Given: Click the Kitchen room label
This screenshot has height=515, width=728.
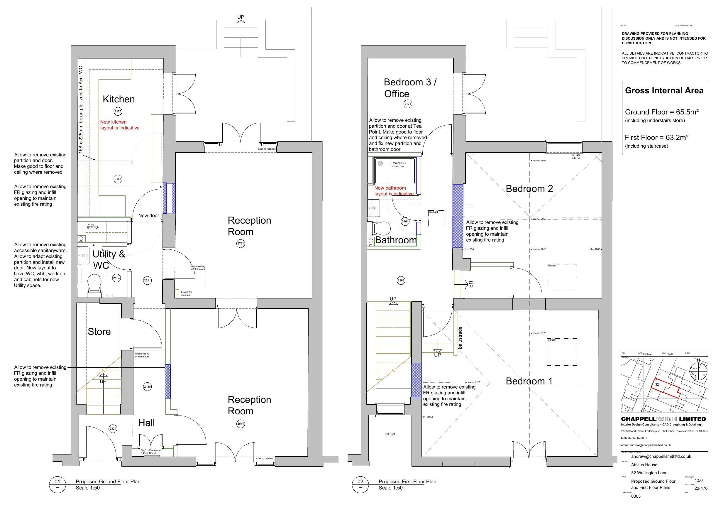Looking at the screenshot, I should tap(118, 99).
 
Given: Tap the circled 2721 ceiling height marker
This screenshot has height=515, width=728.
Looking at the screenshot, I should tap(241, 244).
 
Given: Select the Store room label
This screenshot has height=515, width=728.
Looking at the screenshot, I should tap(99, 332).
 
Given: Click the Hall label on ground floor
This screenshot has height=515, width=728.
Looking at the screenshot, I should tap(146, 423).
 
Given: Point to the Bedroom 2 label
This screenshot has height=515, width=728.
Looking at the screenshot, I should tap(529, 189).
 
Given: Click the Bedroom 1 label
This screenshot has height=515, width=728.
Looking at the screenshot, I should tap(529, 381).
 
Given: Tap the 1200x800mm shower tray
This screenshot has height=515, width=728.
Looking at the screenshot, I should tap(395, 171).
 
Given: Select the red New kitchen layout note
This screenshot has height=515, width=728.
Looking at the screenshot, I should tap(120, 125).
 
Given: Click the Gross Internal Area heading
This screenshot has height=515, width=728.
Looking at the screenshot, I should tap(664, 91).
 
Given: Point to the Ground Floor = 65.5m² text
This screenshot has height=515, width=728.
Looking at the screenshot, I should tap(662, 112).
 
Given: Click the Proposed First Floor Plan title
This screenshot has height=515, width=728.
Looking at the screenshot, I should tap(407, 481).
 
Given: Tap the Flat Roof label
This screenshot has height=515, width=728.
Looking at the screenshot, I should tap(390, 434).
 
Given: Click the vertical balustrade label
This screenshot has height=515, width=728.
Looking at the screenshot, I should tap(460, 338).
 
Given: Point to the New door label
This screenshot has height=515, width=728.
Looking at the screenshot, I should tap(148, 215).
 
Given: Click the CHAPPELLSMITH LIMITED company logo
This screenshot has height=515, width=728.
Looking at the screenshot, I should tap(663, 419).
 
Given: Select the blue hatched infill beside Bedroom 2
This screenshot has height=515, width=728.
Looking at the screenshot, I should tap(458, 216).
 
